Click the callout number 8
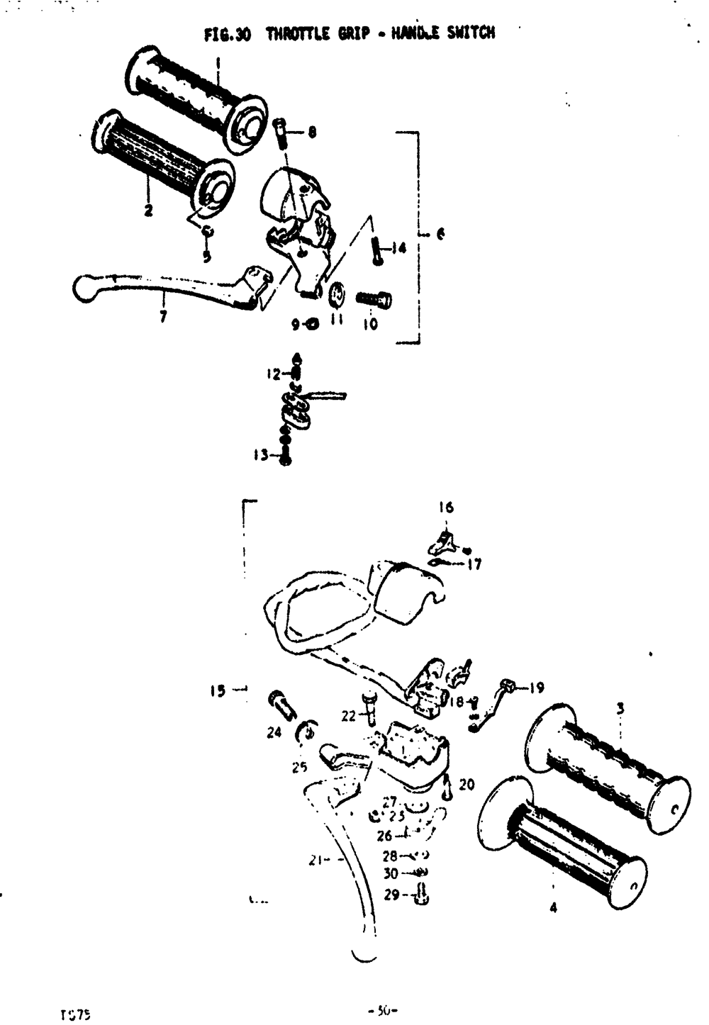[x=312, y=132]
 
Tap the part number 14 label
[x=399, y=248]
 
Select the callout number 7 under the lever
[x=163, y=318]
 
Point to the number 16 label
[x=445, y=507]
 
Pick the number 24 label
[x=274, y=733]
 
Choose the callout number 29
[x=391, y=895]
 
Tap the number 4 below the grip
[x=553, y=908]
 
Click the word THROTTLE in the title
[x=299, y=33]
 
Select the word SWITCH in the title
[x=471, y=33]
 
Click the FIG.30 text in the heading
[x=227, y=34]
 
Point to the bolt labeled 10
[x=374, y=300]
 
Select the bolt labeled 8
[x=280, y=131]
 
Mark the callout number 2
[x=148, y=211]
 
